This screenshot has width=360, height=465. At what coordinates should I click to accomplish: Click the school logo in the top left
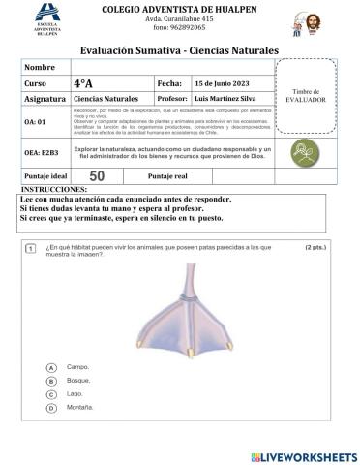coord(45,19)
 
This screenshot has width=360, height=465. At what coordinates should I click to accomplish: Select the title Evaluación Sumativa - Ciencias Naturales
coord(178,49)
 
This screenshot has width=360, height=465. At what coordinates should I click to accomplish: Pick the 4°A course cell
coord(82,84)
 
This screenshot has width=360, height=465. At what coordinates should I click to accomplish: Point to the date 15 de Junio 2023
coord(222,84)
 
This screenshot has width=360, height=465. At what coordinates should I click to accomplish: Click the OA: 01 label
coord(37,123)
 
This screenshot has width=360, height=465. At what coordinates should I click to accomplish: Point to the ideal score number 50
coord(97,175)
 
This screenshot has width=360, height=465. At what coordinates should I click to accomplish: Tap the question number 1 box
coord(31,249)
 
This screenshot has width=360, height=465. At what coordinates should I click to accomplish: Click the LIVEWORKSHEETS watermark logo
coord(303,454)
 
